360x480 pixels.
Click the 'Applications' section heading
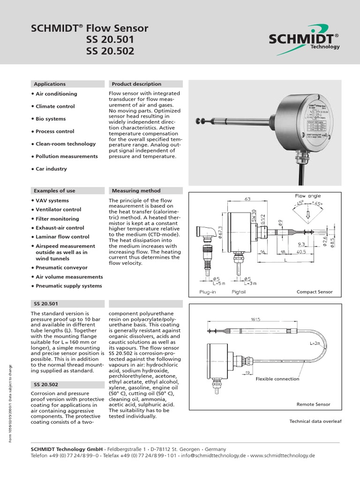(50, 84)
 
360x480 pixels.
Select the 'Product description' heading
(136, 84)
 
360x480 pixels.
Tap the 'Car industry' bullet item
(51, 169)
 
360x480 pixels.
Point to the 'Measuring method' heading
(136, 191)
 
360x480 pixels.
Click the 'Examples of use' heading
(54, 191)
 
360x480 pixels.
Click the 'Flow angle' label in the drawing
(307, 195)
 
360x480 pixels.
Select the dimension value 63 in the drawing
(247, 199)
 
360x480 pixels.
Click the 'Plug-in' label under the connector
(207, 292)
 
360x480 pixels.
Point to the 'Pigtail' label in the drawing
(239, 292)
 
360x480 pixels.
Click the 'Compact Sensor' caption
(315, 292)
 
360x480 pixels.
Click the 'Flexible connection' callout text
(277, 379)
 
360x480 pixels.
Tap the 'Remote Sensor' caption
(313, 404)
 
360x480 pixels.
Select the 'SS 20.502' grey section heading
(45, 384)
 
